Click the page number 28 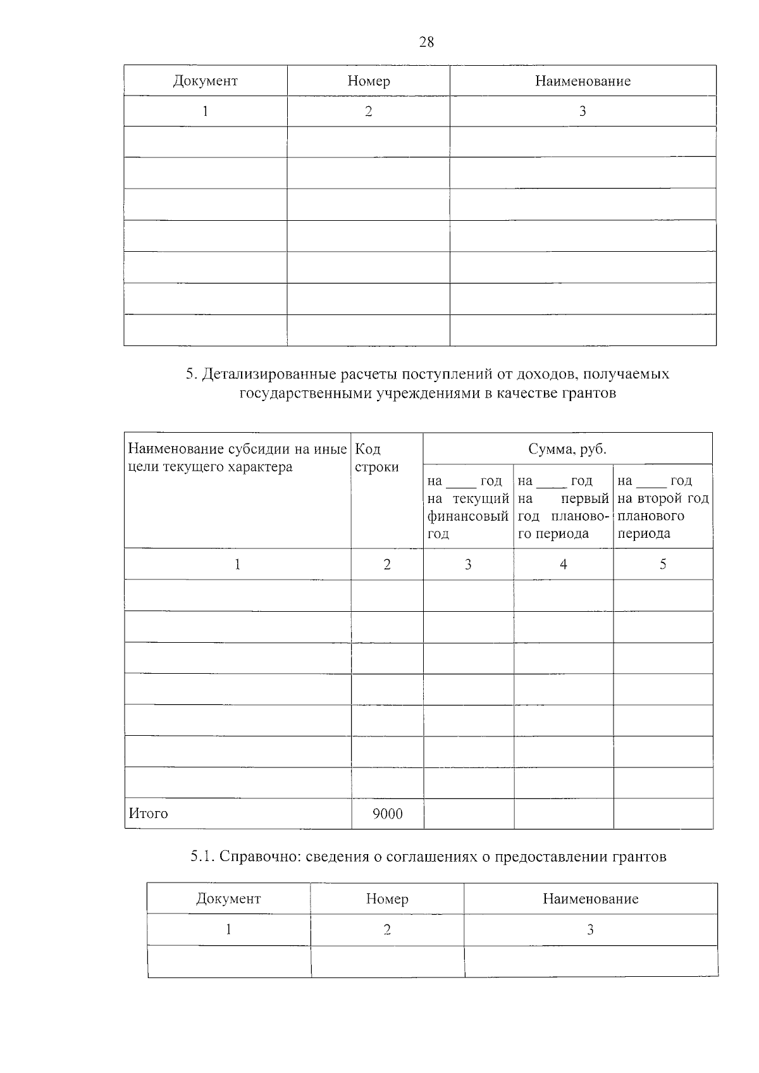[x=426, y=42]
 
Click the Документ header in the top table [x=205, y=81]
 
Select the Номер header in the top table [x=369, y=81]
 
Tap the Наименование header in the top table [x=583, y=81]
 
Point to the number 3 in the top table [x=583, y=111]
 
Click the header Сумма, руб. [x=567, y=449]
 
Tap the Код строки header [x=377, y=458]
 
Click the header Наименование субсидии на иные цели [x=237, y=458]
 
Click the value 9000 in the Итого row [x=387, y=814]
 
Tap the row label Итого [x=149, y=814]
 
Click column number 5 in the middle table [x=663, y=564]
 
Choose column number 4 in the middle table [x=563, y=564]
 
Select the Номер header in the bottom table [x=387, y=899]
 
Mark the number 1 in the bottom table [x=228, y=929]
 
